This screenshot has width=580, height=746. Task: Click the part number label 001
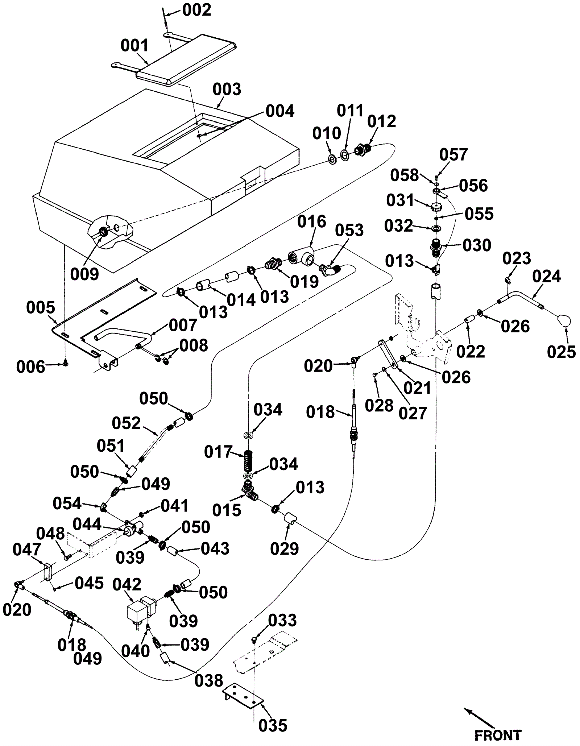(134, 46)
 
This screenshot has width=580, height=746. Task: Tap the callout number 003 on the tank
(227, 89)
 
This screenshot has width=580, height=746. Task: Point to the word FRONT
(498, 735)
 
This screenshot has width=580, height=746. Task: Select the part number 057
(453, 155)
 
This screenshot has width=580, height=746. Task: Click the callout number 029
(284, 549)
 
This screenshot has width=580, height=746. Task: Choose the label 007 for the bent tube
(183, 325)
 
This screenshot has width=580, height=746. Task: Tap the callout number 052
(126, 423)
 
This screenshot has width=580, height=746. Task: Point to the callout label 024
(546, 277)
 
